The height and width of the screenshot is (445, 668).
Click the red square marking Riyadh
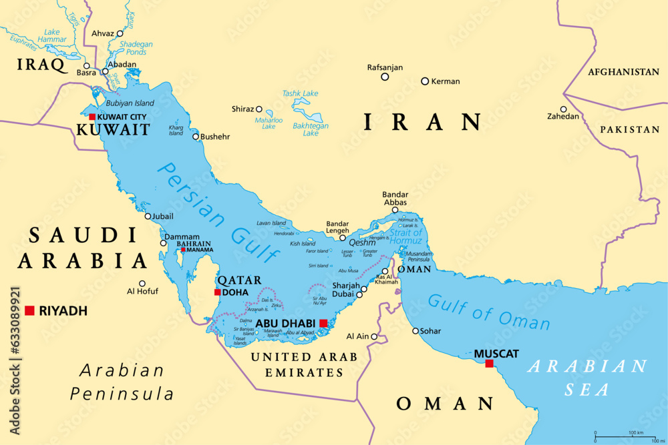29,310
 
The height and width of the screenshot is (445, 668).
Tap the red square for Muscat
489,364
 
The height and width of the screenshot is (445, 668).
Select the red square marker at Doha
217,292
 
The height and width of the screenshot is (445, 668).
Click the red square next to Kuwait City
92,117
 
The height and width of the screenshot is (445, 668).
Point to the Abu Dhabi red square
323,323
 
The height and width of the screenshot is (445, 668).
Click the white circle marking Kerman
425,81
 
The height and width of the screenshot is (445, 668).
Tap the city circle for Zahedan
563,109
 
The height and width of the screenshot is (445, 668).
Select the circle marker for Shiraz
259,109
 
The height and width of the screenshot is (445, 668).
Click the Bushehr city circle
196,137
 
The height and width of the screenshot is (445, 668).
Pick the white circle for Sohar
415,331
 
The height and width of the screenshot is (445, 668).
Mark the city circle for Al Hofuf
142,283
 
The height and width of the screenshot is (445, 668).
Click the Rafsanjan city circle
385,77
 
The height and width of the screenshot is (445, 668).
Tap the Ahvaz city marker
120,33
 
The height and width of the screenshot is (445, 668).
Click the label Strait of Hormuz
405,236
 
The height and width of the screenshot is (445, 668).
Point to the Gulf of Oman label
489,312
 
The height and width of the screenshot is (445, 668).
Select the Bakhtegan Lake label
311,129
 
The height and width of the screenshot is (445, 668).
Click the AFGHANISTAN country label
623,72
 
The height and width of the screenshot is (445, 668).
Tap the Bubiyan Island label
130,103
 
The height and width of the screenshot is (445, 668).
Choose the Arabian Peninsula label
122,382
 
